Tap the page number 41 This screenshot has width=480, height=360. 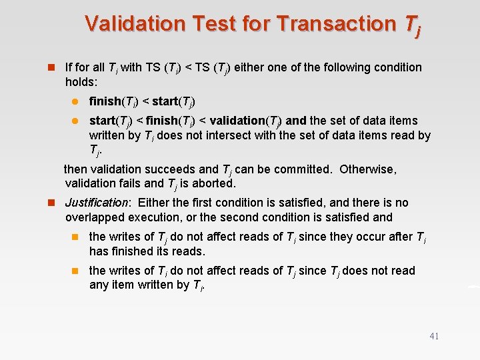pyautogui.click(x=434, y=337)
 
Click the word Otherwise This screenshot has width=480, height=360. pyautogui.click(x=368, y=169)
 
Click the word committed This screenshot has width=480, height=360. pyautogui.click(x=300, y=169)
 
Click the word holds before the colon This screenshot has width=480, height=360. pyautogui.click(x=80, y=82)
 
